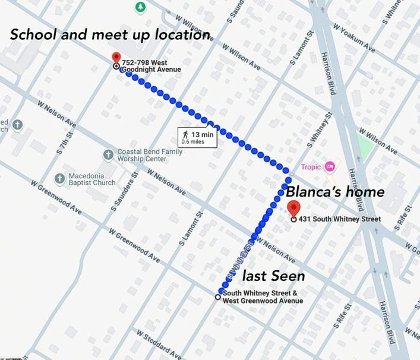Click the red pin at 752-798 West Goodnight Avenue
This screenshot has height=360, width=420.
click(116, 58)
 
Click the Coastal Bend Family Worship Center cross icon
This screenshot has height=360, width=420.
click(108, 155)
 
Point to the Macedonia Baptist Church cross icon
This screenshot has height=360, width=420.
click(59, 178)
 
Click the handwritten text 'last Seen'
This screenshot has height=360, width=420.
click(273, 276)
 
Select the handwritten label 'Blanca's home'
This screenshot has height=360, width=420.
click(335, 192)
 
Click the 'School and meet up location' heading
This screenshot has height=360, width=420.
click(110, 34)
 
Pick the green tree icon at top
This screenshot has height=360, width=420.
click(140, 7)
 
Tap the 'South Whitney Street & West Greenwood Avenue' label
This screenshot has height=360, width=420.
click(263, 297)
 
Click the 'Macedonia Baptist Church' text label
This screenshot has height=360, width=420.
click(92, 179)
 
